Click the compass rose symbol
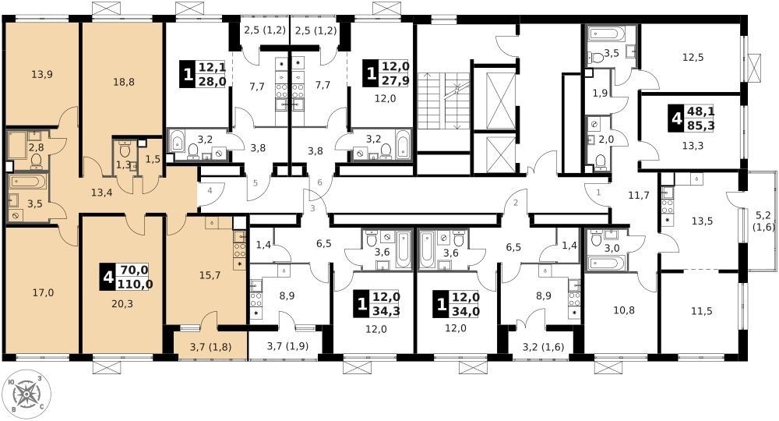[26, 394]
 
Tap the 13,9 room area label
[42, 75]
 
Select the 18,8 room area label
[123, 82]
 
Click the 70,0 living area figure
[134, 270]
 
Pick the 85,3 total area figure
[700, 126]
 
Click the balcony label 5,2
[763, 216]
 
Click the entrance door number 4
[210, 190]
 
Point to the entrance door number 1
[598, 191]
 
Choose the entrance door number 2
[515, 202]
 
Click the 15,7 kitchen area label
[210, 275]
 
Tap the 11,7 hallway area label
[639, 196]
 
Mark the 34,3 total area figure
[386, 312]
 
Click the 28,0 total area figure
[212, 81]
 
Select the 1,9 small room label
[600, 93]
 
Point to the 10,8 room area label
[623, 310]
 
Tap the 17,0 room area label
[43, 293]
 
